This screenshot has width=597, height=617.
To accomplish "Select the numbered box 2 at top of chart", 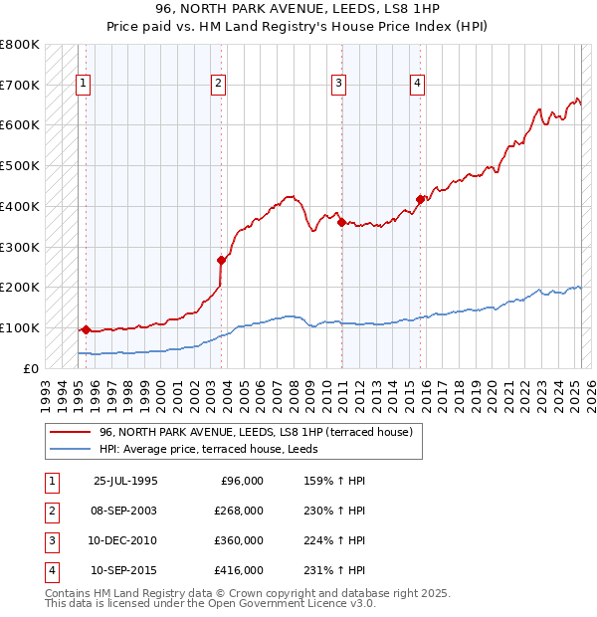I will click(218, 84).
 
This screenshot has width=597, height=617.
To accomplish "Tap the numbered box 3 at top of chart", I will click(339, 84).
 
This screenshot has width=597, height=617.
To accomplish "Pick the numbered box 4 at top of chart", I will click(418, 84).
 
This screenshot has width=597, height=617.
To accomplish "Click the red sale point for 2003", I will click(222, 260).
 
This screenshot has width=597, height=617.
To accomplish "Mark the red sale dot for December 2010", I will click(341, 222).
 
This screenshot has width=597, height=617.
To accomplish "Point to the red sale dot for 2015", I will click(420, 199).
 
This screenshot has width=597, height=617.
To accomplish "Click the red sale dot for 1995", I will click(86, 329).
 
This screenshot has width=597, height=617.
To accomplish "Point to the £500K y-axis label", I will click(20, 166).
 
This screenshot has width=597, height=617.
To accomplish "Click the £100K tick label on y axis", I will click(20, 328).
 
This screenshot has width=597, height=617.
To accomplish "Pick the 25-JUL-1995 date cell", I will click(125, 481).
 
